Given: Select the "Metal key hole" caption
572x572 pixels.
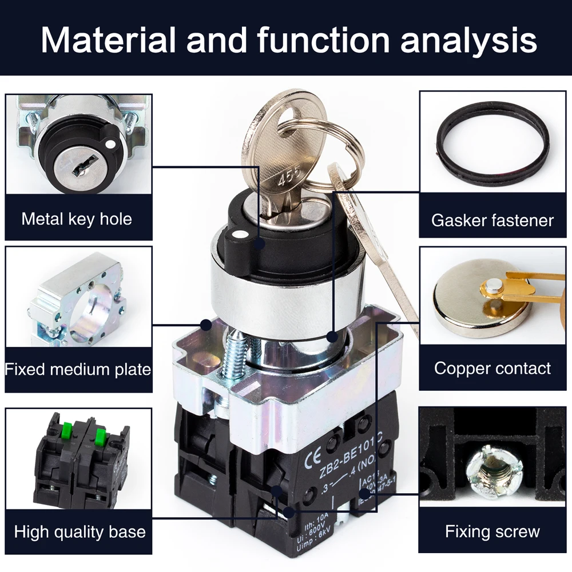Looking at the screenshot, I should pyautogui.click(x=77, y=219).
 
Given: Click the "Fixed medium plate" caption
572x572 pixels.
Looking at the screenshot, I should pyautogui.click(x=78, y=369).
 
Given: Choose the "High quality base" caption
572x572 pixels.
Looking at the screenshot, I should pyautogui.click(x=80, y=532).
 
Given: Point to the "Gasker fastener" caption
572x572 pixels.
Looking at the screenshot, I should pyautogui.click(x=492, y=220).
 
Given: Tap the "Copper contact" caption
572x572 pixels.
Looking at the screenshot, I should pyautogui.click(x=492, y=368).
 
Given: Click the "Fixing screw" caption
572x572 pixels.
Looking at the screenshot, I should pyautogui.click(x=492, y=531).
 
